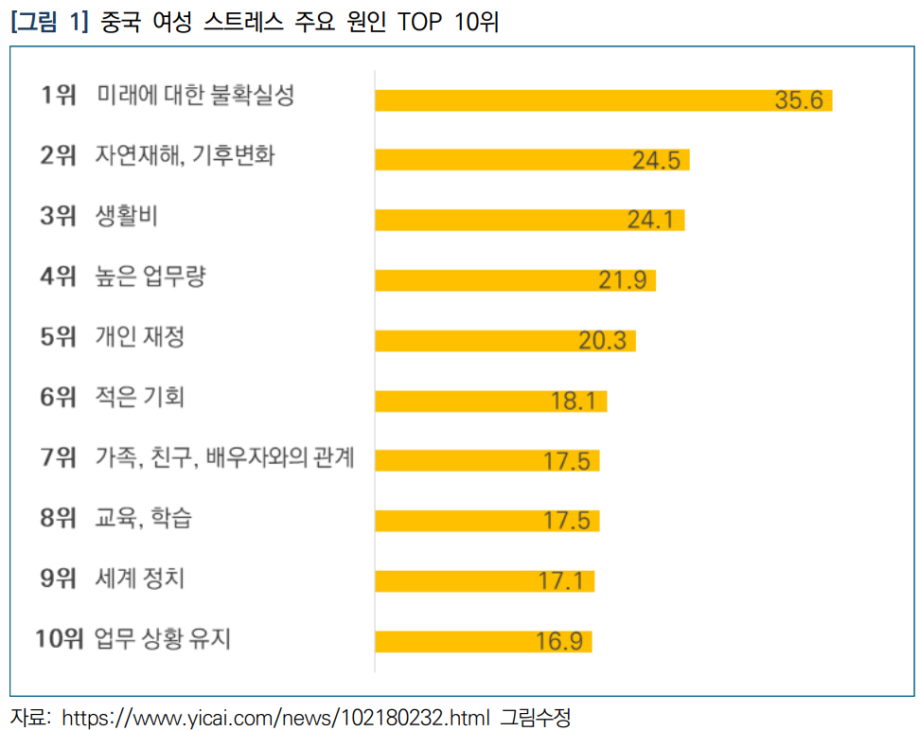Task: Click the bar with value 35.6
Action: click(x=603, y=100)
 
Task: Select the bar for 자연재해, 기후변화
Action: click(x=532, y=160)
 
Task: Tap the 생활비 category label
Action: click(x=127, y=217)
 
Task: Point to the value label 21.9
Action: click(x=622, y=280)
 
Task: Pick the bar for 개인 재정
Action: click(x=504, y=340)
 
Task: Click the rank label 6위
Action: click(x=58, y=398)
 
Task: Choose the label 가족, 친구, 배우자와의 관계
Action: click(x=224, y=458)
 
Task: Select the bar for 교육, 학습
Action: click(x=487, y=521)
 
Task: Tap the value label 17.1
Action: click(x=565, y=580)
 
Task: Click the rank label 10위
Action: click(x=60, y=639)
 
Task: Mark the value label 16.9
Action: click(x=558, y=641)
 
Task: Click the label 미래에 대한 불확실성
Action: click(x=195, y=96)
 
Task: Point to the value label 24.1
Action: click(x=650, y=221)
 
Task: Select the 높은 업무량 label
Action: click(x=150, y=277)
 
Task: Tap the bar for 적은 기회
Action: click(x=490, y=401)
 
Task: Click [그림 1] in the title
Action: click(x=48, y=22)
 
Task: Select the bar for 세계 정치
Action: click(x=484, y=580)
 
